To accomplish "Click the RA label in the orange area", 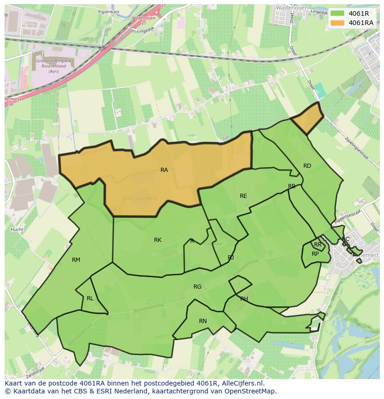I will [164, 170].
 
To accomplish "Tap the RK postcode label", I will [158, 240].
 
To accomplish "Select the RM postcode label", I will [76, 260].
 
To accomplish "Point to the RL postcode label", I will [90, 298].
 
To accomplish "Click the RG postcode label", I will [198, 287].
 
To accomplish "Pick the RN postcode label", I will [203, 321].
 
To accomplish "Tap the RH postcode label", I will [244, 299].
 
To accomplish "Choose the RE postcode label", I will [243, 196].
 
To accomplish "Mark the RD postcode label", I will [307, 166].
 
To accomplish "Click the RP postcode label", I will [315, 254].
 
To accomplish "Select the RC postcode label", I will [346, 239].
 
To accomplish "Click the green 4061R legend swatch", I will [338, 13].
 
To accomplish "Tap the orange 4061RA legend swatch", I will [338, 23].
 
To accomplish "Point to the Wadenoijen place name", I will [292, 8].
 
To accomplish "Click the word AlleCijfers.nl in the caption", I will [241, 383].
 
